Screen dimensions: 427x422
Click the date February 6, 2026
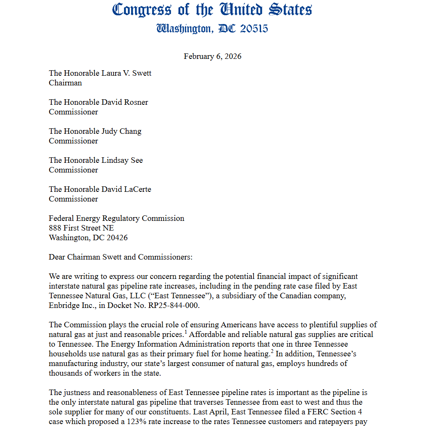click(212, 56)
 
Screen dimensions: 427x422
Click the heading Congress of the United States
click(212, 10)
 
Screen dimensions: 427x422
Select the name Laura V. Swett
click(126, 73)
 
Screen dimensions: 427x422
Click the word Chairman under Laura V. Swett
click(65, 83)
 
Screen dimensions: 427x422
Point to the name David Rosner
click(124, 102)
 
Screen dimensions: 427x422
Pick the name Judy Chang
click(121, 131)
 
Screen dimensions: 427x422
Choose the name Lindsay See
click(122, 160)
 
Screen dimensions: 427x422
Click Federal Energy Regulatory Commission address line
click(116, 218)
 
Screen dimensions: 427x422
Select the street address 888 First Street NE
click(81, 228)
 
